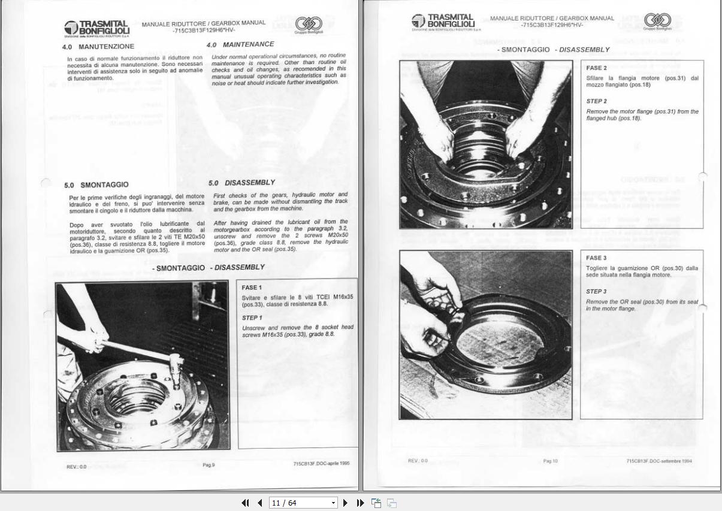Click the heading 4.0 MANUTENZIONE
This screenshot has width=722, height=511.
(x=98, y=47)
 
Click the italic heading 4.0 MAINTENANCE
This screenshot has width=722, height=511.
(x=240, y=44)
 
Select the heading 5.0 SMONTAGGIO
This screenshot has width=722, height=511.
(x=96, y=185)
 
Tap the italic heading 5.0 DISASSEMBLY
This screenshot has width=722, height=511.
(x=241, y=183)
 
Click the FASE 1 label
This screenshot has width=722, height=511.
(x=252, y=288)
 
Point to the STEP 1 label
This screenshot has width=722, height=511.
(x=252, y=318)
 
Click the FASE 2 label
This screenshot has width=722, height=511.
(x=596, y=68)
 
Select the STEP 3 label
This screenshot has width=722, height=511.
(x=596, y=292)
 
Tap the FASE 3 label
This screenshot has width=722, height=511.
(x=596, y=258)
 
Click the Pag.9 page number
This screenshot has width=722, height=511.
(x=209, y=465)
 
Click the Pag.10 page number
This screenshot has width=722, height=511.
(x=550, y=461)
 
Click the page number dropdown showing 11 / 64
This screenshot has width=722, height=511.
(x=303, y=503)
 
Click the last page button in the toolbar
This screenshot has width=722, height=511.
(x=360, y=503)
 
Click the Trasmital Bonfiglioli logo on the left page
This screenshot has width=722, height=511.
(x=96, y=28)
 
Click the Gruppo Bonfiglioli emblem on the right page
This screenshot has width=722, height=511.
(x=657, y=22)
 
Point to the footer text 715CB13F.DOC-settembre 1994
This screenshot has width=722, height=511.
(x=659, y=461)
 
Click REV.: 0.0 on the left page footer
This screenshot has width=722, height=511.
(x=76, y=467)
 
